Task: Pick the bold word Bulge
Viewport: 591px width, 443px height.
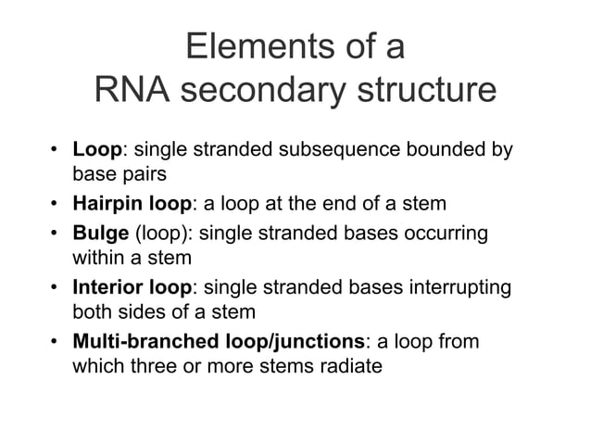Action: [101, 233]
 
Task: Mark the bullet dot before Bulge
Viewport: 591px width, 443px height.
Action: [56, 233]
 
